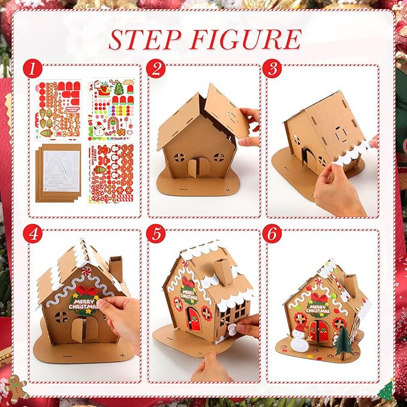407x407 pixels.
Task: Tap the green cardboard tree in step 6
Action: coord(343,341)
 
